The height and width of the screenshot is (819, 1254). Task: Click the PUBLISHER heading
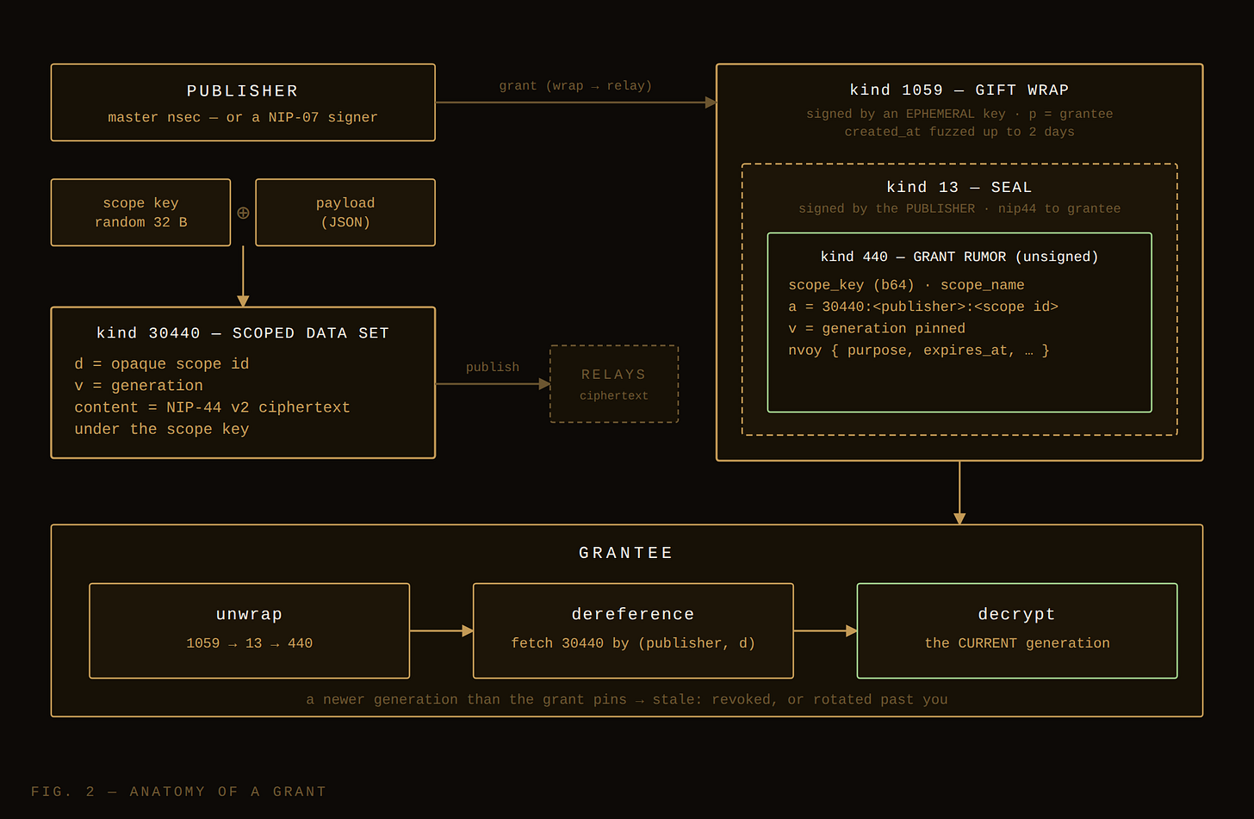[242, 90]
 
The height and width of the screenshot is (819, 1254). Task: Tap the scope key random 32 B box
[140, 212]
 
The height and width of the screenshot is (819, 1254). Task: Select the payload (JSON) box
[345, 212]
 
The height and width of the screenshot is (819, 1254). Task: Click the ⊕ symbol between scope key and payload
[243, 213]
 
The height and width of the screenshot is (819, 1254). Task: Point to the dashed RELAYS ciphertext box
[614, 384]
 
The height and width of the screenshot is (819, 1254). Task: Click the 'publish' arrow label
[493, 367]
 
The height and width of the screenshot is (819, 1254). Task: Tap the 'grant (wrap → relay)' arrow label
[575, 85]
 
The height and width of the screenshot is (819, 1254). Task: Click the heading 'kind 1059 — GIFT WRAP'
[959, 90]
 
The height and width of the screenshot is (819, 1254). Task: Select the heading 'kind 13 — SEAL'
[959, 187]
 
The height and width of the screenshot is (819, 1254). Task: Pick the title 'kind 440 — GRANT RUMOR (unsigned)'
[959, 257]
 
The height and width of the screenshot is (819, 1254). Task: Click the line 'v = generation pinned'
[877, 328]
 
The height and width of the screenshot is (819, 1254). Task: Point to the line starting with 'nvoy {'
[919, 350]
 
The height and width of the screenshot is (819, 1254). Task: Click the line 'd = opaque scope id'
[162, 364]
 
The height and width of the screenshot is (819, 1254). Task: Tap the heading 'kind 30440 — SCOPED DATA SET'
[242, 333]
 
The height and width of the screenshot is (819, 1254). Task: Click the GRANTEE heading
[626, 553]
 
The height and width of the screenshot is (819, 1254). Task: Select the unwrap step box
[249, 631]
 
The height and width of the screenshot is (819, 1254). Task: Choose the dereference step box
[633, 631]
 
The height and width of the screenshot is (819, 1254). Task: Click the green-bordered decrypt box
[1017, 631]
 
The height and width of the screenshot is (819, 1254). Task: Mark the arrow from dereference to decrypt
[825, 631]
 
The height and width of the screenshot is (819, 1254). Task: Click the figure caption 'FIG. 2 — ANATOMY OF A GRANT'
[178, 791]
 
